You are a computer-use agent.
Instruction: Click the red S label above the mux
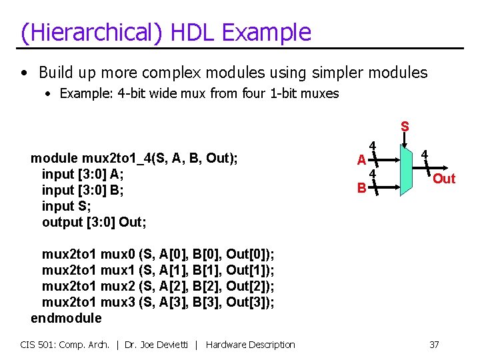coord(405,126)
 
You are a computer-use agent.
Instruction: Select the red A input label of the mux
coord(361,160)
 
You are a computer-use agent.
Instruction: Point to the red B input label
coord(361,188)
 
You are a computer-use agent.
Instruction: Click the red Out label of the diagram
coord(444,179)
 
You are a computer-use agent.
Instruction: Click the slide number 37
coord(434,345)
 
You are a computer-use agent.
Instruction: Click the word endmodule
coord(66,318)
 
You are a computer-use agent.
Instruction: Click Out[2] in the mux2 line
coord(247,286)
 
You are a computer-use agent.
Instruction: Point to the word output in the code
coord(63,222)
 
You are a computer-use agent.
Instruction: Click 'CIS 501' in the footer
coord(37,345)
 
